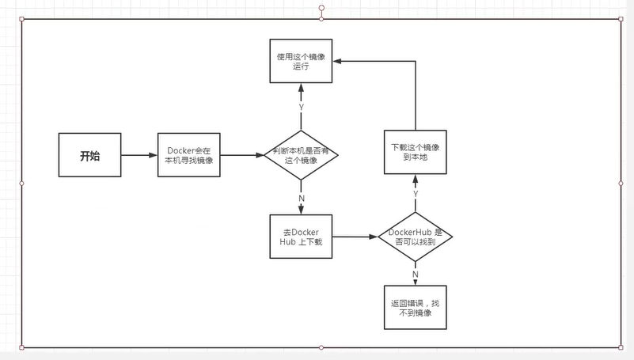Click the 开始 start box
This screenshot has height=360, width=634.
[x=90, y=155]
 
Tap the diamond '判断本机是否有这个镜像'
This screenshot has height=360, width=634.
[x=302, y=156]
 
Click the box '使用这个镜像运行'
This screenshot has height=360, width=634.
[x=302, y=62]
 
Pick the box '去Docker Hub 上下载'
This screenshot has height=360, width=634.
[x=302, y=237]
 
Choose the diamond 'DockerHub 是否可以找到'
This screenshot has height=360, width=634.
[x=415, y=236]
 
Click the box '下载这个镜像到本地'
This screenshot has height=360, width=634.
[x=415, y=152]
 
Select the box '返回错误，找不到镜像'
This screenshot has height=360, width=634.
[x=415, y=308]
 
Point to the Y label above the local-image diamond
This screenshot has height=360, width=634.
[x=302, y=107]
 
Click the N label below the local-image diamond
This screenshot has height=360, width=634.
[x=302, y=198]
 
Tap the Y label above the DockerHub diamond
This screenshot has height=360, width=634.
[x=415, y=192]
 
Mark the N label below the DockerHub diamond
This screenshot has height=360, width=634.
[x=415, y=274]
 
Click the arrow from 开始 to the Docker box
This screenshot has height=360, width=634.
[x=139, y=155]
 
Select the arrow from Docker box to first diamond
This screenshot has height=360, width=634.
[x=242, y=155]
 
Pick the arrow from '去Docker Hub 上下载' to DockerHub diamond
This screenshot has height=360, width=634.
[x=354, y=236]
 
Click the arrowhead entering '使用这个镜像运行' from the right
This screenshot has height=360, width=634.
[x=338, y=62]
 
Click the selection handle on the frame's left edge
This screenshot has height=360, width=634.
[x=21, y=183]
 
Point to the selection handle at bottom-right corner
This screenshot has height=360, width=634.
[x=621, y=347]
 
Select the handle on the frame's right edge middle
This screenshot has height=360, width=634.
[x=621, y=183]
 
